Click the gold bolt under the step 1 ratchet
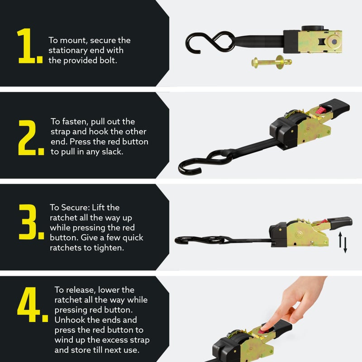[x=271, y=62]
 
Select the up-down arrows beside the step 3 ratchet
[x=343, y=243]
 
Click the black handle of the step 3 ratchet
[x=340, y=222]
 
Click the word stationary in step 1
[x=68, y=50]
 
